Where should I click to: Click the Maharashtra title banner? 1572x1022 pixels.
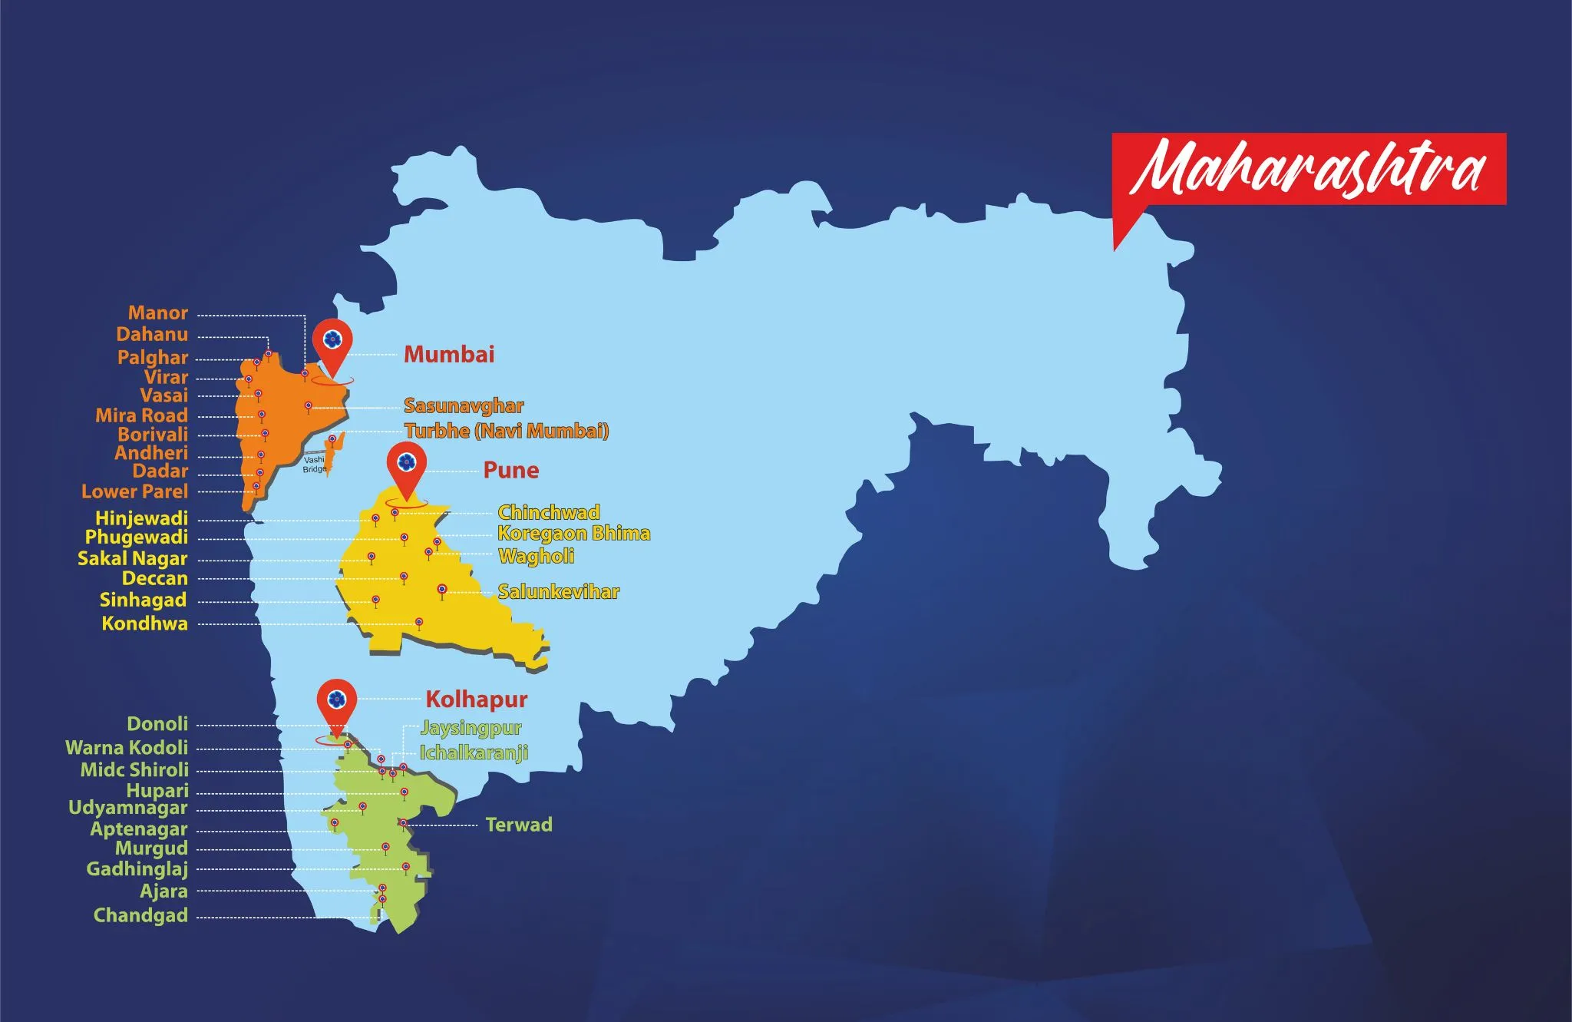point(1309,169)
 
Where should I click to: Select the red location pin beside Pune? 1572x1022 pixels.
point(406,465)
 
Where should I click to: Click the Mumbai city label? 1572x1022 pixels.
point(449,354)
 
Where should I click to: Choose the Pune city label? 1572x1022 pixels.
point(510,470)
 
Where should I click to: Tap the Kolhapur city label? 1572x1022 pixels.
point(477,700)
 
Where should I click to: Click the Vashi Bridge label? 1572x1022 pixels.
point(314,464)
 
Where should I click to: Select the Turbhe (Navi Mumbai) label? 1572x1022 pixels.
point(507,431)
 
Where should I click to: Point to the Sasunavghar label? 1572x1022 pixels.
point(464,405)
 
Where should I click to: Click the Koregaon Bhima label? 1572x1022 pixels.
point(573,533)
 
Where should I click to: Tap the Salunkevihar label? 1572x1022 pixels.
point(558,591)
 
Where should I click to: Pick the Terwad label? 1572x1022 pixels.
point(519,825)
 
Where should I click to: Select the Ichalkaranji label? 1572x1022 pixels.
point(474,752)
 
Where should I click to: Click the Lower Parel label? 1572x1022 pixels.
point(135,491)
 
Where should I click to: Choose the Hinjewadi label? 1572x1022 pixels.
point(141,518)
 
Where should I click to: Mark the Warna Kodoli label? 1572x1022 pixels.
point(127,748)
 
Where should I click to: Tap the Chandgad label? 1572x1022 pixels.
point(140,915)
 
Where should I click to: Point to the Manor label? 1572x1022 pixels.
point(158,313)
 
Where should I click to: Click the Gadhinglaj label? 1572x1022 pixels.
point(137,869)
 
